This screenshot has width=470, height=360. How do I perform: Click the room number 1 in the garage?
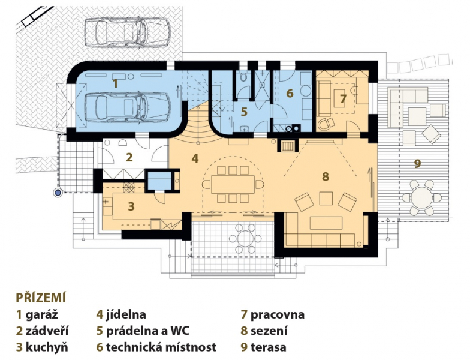point(116,83)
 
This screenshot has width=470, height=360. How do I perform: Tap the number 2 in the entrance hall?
point(129,157)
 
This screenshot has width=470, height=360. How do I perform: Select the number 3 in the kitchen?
point(131,206)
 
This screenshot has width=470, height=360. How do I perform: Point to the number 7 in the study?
point(343,99)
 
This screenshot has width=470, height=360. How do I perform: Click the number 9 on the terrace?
point(417,163)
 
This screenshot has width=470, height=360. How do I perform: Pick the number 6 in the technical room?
point(289,93)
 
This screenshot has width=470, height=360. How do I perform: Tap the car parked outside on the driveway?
point(128,32)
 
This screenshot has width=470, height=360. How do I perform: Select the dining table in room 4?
point(233,184)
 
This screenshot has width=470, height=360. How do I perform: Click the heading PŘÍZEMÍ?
point(41,298)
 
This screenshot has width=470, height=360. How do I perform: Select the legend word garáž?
point(42,314)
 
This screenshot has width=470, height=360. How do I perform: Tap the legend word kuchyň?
point(47,347)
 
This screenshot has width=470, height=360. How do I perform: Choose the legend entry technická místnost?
point(161,347)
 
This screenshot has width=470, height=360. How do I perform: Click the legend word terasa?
point(268,347)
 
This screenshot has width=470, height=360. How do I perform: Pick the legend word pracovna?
point(277,314)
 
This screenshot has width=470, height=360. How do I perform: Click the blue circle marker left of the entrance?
point(58,193)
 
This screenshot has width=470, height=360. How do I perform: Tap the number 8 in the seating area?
point(326,176)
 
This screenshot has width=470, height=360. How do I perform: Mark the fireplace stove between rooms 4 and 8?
point(288,146)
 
